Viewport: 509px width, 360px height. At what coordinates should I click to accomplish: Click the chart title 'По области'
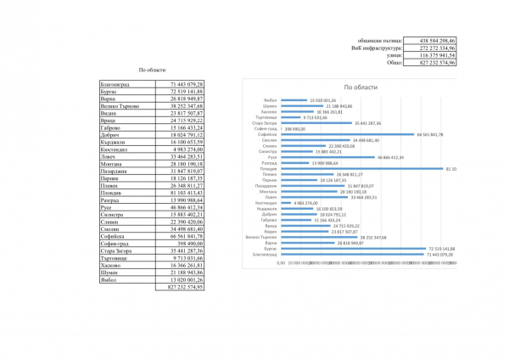tap(360, 87)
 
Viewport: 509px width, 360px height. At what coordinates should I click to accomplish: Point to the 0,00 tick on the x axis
tap(282, 262)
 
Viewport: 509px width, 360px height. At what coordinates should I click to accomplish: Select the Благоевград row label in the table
tap(116, 85)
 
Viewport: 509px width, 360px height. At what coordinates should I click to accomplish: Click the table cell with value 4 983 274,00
tap(183, 149)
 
